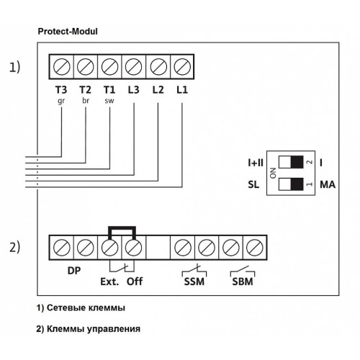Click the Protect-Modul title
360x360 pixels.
(68, 32)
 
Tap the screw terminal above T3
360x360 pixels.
(61, 66)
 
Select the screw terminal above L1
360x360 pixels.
(182, 66)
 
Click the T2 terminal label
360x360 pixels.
(86, 90)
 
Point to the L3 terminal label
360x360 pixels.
(133, 90)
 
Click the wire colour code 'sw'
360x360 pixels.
(109, 101)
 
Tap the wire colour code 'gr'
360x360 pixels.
(61, 102)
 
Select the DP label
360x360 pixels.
(74, 271)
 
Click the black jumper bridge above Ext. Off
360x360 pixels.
(122, 228)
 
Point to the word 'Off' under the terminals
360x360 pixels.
(135, 282)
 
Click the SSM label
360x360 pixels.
(194, 282)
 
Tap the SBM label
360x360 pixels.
(243, 282)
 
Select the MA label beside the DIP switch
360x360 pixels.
(328, 184)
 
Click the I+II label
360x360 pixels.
(256, 163)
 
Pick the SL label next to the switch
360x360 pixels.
(253, 184)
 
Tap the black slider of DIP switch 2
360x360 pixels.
(297, 162)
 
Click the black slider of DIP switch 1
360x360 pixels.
(297, 184)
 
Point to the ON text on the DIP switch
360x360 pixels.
(273, 173)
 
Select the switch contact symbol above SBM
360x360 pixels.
(243, 271)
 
